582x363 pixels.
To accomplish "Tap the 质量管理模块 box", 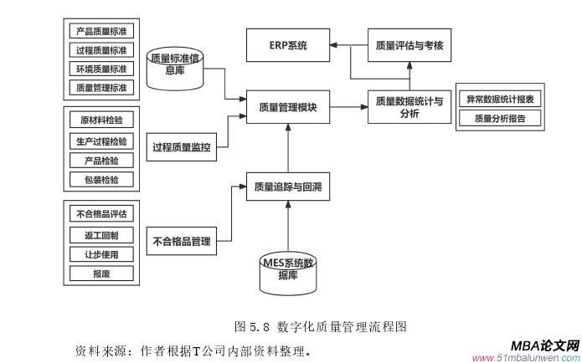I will (286, 106).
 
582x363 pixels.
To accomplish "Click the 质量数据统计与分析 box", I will (409, 106).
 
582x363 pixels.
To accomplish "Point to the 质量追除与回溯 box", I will (286, 187).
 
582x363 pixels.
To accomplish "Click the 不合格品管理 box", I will (181, 243).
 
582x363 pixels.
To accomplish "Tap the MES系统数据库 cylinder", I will (287, 269).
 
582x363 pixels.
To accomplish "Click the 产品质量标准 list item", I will (100, 31).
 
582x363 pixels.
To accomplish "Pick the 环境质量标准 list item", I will (100, 68).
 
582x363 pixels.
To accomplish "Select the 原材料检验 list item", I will (100, 120).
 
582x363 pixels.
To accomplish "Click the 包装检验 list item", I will (100, 179).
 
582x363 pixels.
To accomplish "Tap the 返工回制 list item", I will (100, 233).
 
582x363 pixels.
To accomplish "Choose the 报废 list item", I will (100, 273).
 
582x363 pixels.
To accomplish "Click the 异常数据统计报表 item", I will (501, 99).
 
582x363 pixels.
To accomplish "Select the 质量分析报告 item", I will (501, 119).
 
